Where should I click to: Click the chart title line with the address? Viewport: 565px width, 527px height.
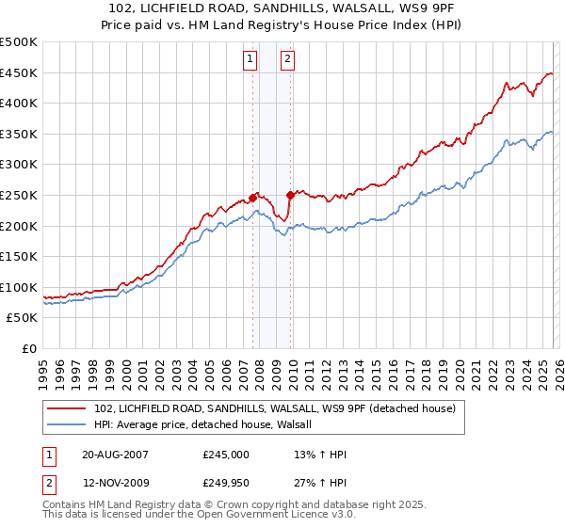coord(282,8)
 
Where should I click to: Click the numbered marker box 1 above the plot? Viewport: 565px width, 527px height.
coord(250,60)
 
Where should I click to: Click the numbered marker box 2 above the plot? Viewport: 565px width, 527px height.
coord(286,60)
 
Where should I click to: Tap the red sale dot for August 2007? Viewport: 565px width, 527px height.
coord(253,198)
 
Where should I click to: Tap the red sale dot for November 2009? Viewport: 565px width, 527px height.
coord(290,195)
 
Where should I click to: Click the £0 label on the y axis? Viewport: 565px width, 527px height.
coord(28,348)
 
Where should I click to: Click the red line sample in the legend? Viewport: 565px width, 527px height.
coord(66,408)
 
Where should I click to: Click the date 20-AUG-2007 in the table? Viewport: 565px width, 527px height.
coord(115,455)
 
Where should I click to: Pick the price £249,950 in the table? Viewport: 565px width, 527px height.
coord(226,484)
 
